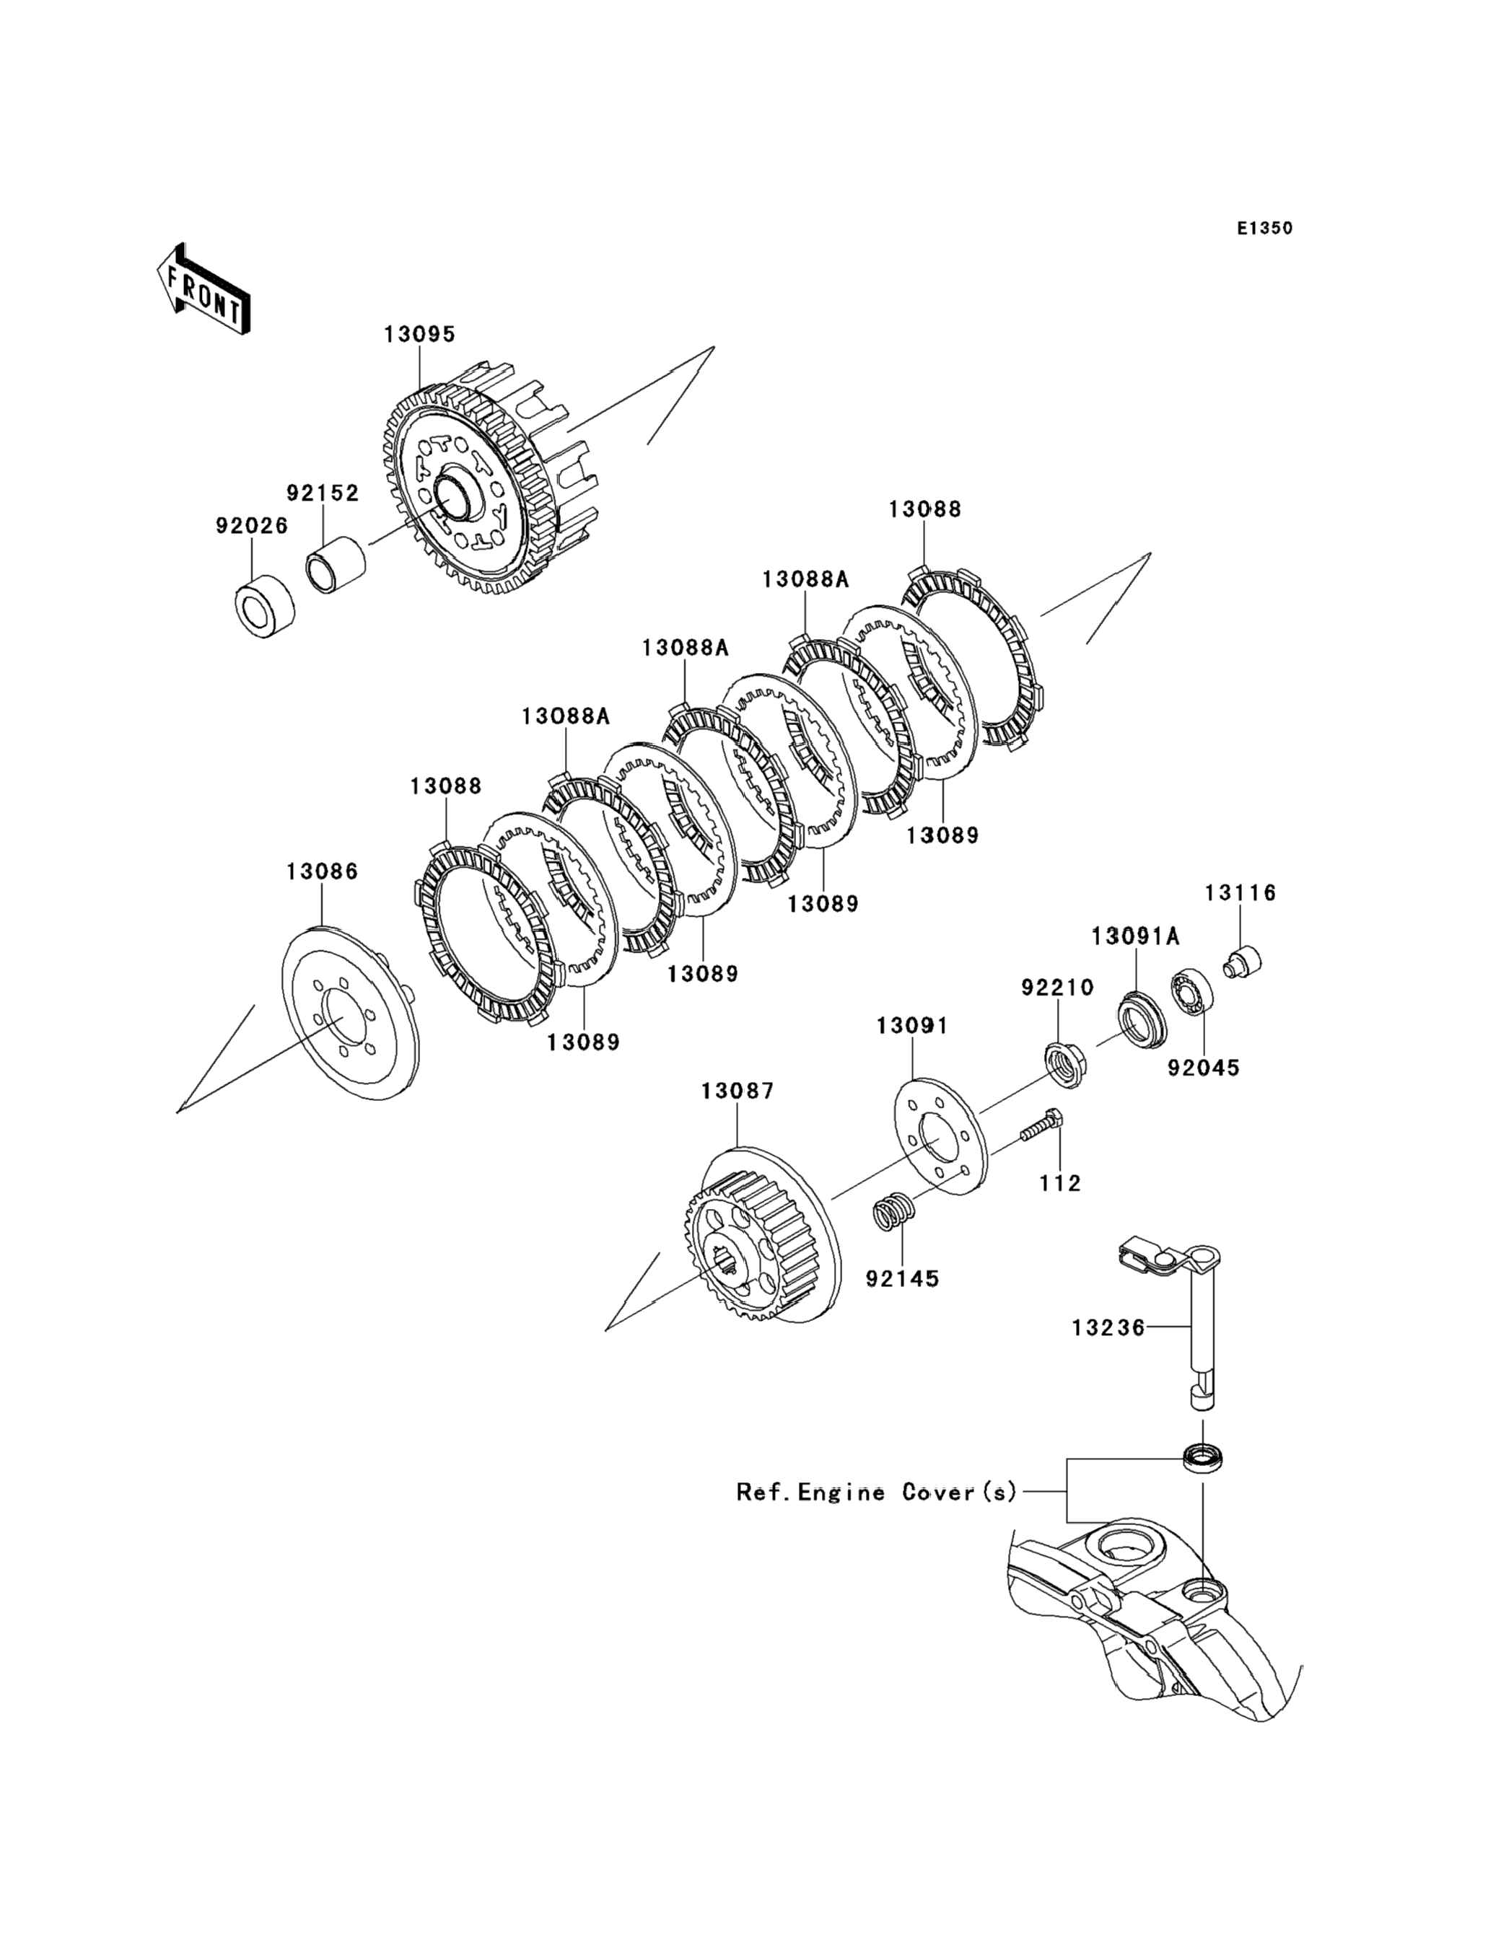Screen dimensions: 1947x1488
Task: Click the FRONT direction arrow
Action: [203, 289]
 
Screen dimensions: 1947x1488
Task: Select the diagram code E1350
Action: [1265, 229]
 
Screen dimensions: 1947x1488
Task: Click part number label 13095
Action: [419, 335]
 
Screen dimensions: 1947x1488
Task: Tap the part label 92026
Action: [252, 526]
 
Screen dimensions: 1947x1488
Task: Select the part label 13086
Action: [322, 872]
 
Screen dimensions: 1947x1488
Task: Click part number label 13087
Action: [737, 1091]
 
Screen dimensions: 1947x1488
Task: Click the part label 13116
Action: [1240, 893]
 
